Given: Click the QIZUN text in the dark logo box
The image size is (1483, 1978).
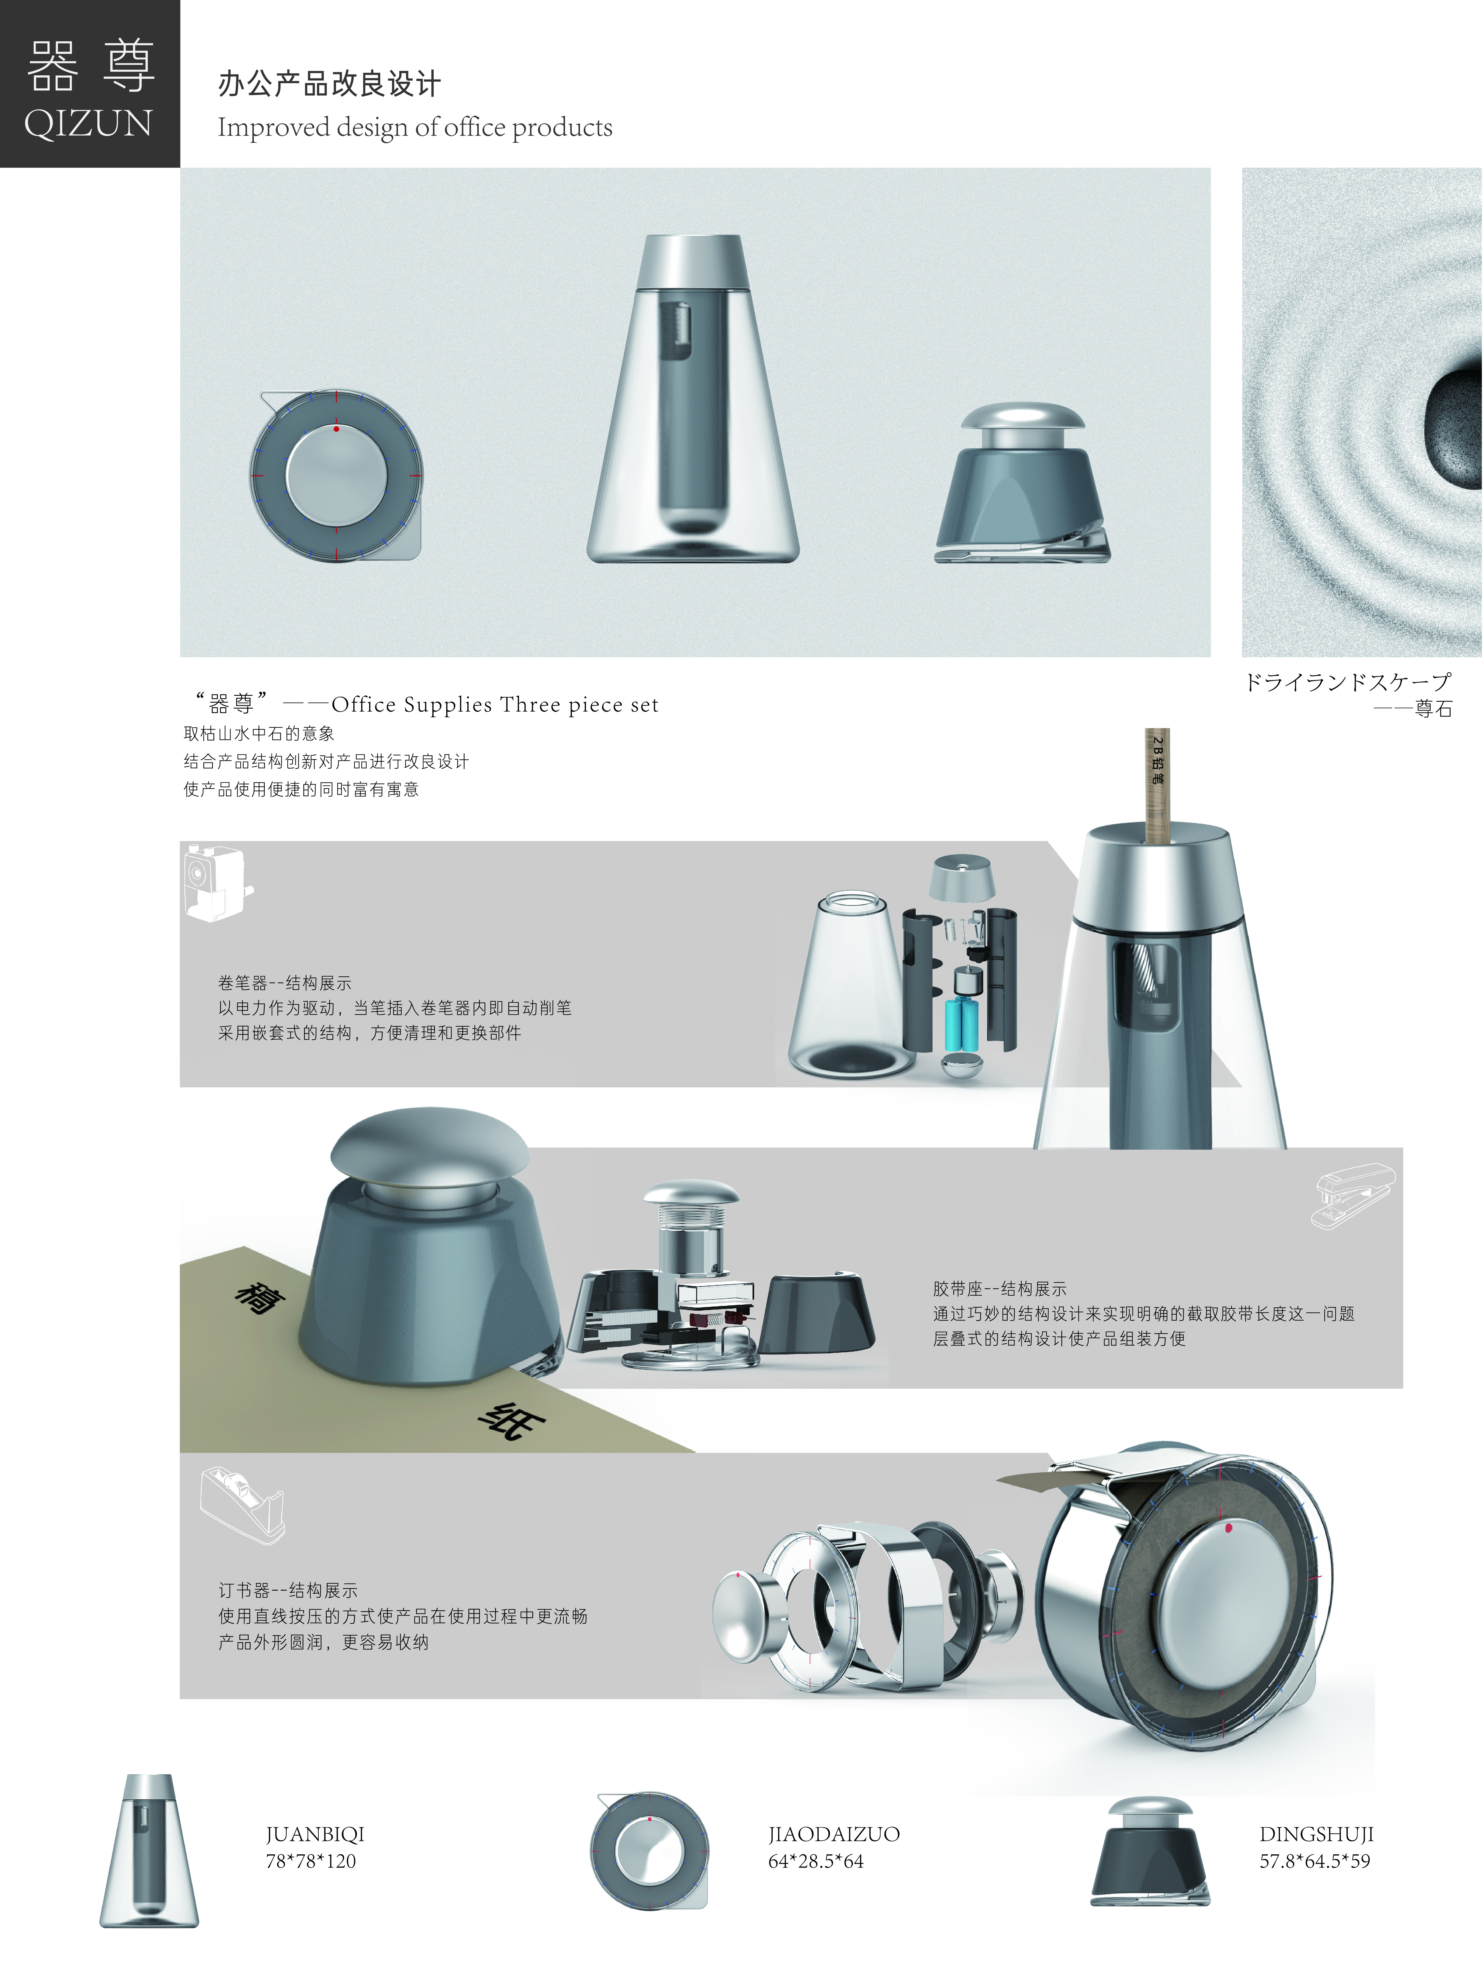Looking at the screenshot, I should [x=88, y=123].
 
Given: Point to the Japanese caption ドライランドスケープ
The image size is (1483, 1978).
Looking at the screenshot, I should [x=1347, y=682].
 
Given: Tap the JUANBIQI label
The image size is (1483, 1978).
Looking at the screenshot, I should [x=315, y=1834].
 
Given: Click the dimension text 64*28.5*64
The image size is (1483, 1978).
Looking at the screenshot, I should [x=815, y=1861].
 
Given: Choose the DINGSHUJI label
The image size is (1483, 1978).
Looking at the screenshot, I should [x=1316, y=1834].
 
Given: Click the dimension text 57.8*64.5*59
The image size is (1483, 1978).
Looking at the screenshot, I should [x=1314, y=1861].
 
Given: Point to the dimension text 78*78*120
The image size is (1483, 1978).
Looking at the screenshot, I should [x=310, y=1861].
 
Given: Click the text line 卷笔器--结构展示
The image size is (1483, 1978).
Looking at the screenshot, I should [x=284, y=983].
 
